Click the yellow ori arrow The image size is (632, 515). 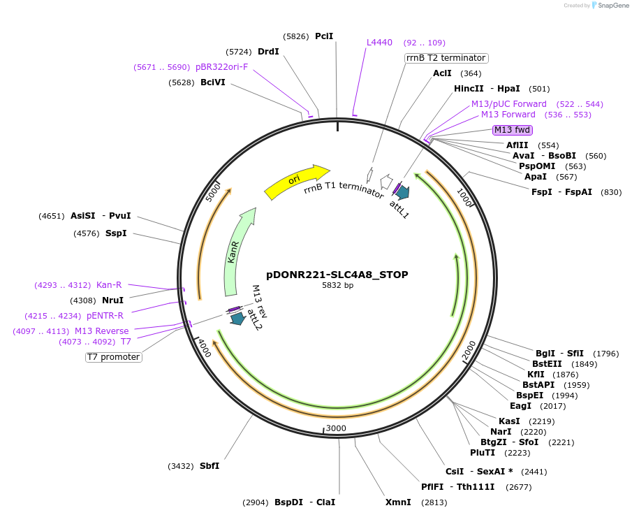tap(296, 180)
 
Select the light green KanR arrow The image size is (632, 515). tap(237, 251)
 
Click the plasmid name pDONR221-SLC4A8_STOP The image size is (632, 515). tap(337, 275)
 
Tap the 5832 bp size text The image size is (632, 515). tap(337, 286)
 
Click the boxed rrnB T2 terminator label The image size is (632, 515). tap(446, 58)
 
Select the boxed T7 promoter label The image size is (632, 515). tap(114, 357)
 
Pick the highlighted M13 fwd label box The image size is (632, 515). tap(512, 130)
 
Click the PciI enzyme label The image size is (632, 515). tap(324, 36)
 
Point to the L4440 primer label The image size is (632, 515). tap(380, 43)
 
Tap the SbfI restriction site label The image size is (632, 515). tap(210, 466)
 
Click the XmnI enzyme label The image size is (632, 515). tap(398, 502)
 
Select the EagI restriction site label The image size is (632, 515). tap(520, 406)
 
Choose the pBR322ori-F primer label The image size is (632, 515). tap(221, 67)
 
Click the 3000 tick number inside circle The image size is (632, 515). tap(336, 428)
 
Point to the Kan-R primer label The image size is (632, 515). tap(109, 285)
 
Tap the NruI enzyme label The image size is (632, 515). tap(113, 300)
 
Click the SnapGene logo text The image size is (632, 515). tap(609, 6)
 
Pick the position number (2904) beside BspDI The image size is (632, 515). tap(256, 502)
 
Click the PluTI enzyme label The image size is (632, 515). tap(483, 453)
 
